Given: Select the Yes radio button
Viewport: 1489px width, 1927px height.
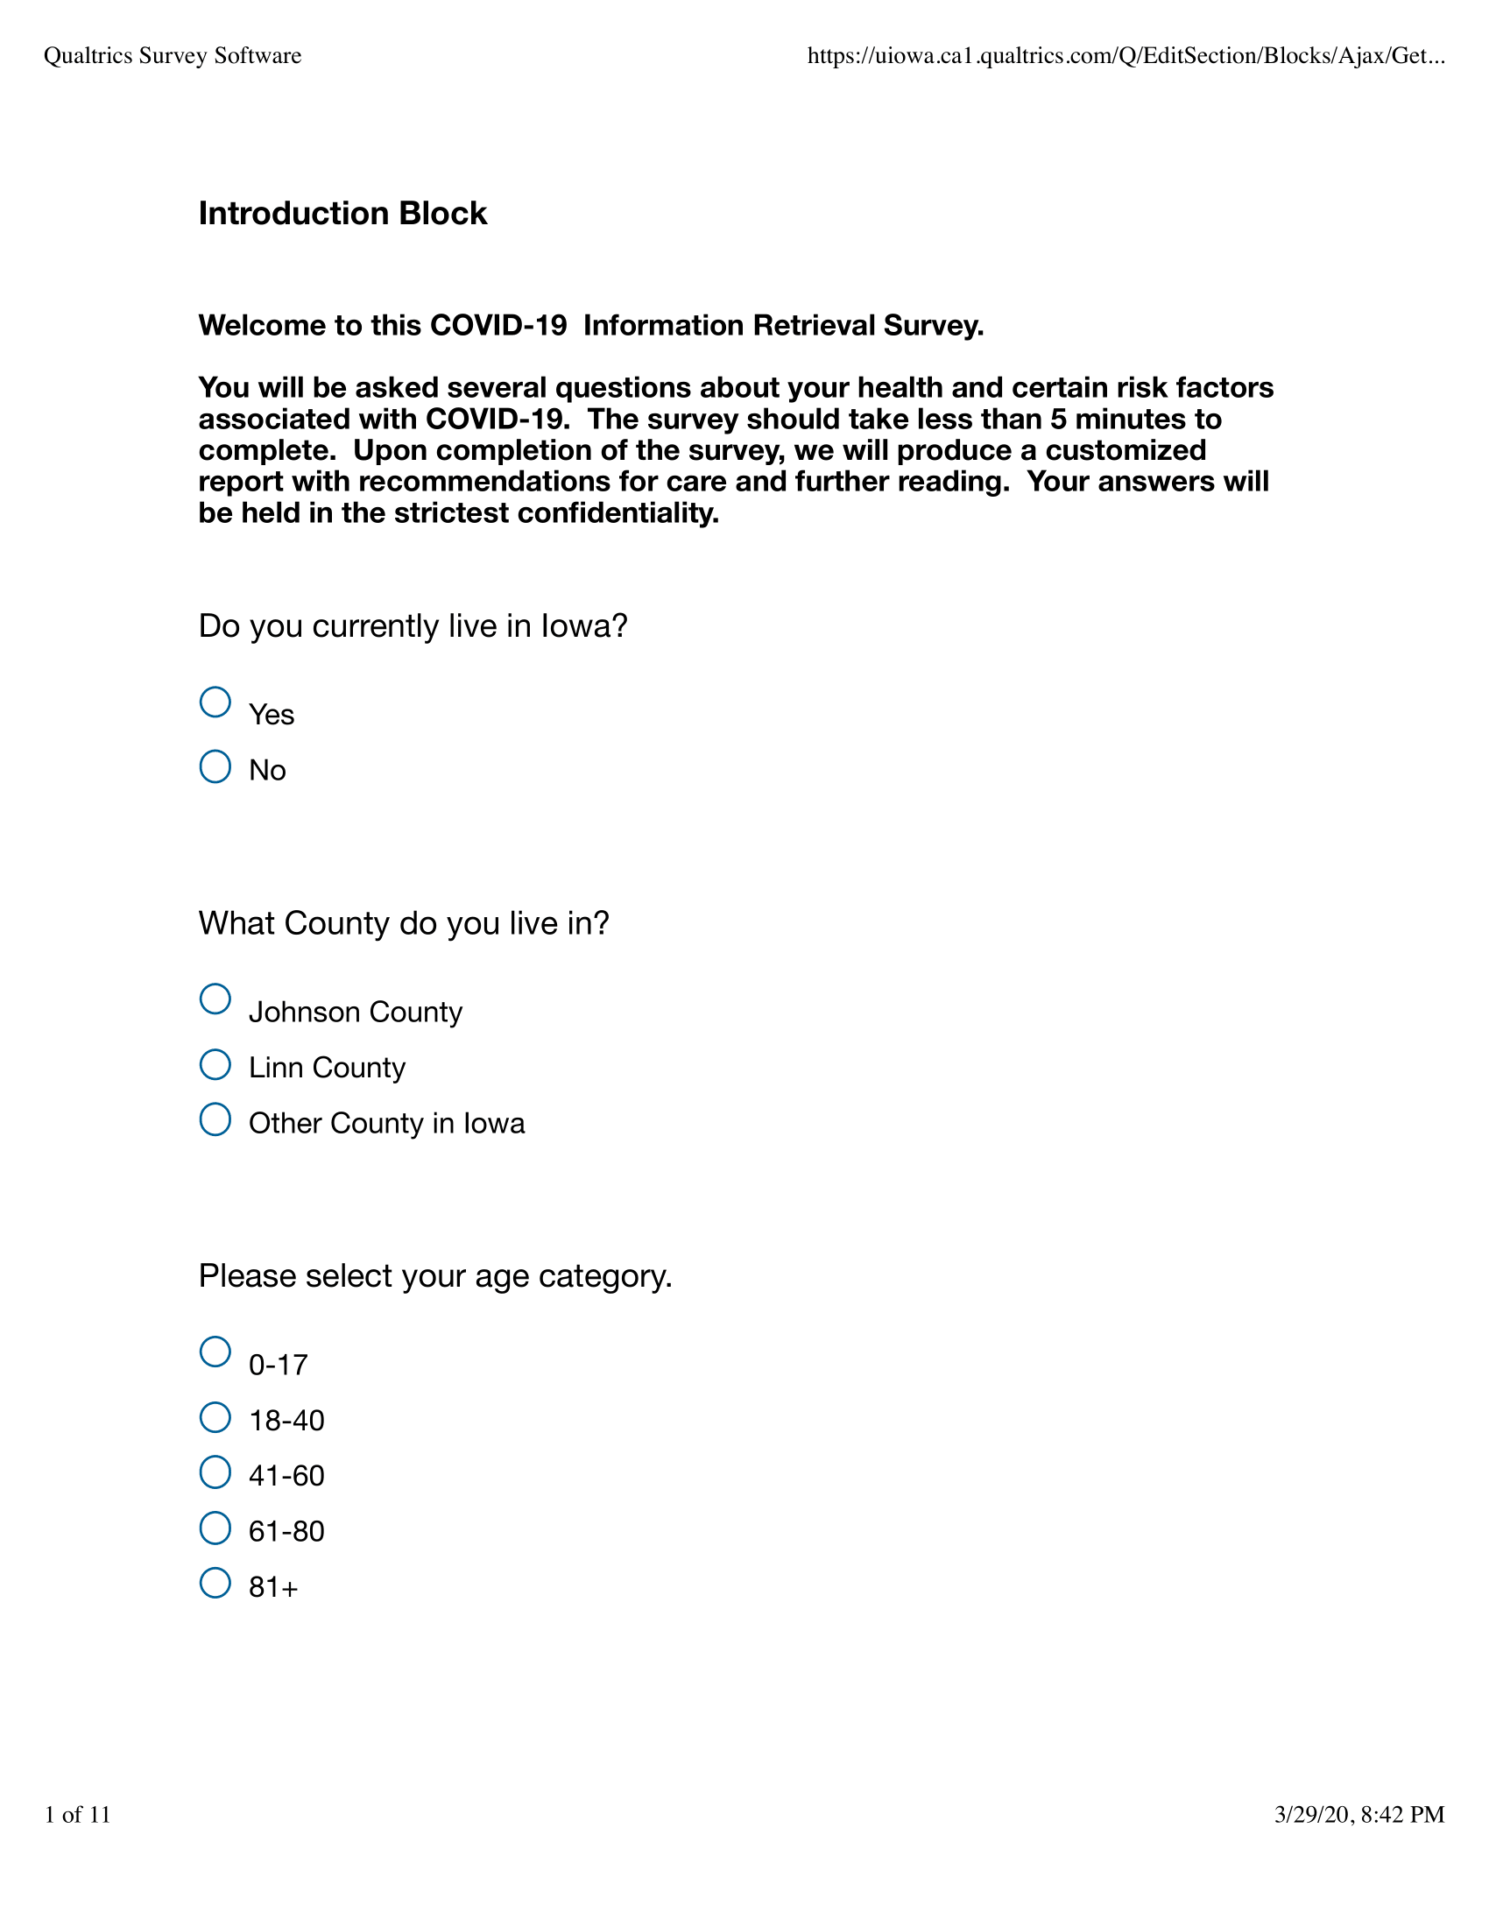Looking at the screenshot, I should point(215,702).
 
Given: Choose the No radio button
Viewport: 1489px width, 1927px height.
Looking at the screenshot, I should point(215,766).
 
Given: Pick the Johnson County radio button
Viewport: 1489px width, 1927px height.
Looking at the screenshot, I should point(215,999).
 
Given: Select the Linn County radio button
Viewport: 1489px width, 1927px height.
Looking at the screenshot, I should point(215,1064).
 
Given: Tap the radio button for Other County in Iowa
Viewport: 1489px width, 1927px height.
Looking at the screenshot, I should point(215,1119).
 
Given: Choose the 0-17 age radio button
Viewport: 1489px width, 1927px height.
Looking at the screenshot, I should point(215,1352).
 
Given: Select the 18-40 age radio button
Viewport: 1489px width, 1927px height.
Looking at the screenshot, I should point(215,1417).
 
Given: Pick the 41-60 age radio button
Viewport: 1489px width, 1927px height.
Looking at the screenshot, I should point(215,1472).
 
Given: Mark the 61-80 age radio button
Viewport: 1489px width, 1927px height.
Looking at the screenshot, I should point(215,1528).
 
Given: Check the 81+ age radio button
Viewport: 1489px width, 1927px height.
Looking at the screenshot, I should point(215,1583).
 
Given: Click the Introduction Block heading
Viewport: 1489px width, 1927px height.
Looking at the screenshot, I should point(342,214).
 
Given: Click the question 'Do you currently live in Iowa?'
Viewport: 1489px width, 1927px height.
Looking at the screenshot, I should point(413,626).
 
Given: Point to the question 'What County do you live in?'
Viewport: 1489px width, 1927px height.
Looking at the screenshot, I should point(404,924).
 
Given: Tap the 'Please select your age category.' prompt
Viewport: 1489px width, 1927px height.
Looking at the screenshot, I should point(435,1277).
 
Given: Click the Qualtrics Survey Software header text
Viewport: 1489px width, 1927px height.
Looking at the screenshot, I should point(173,56).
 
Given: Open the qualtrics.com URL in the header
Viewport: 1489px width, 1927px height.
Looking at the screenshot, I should point(1126,56).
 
